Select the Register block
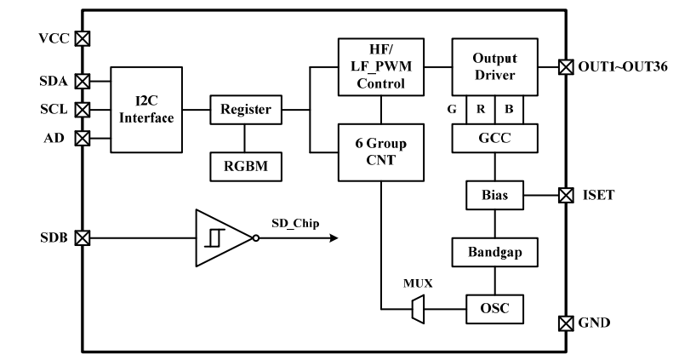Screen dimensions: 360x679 (246, 109)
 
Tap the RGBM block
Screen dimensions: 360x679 (246, 165)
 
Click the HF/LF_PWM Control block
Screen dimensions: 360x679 (380, 66)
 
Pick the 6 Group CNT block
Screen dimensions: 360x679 (380, 151)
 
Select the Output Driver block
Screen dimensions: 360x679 (494, 66)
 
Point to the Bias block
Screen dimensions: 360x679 (494, 196)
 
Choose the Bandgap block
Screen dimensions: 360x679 (494, 253)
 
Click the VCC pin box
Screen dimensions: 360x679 (83, 38)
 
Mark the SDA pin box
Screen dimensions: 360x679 (83, 82)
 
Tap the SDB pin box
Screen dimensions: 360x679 (83, 237)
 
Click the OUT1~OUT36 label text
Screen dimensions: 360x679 (616, 66)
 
